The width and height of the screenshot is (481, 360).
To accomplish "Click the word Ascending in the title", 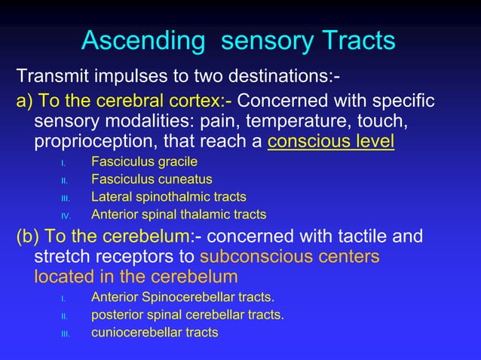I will click(x=144, y=41).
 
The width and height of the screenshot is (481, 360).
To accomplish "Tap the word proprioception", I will click(x=87, y=141).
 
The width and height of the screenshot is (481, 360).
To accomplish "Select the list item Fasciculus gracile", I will click(x=145, y=161).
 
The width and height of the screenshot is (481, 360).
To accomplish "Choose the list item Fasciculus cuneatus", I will click(x=152, y=179).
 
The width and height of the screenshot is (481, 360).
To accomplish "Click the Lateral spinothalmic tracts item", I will click(x=168, y=197).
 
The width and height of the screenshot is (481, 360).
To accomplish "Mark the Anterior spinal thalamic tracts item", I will click(x=179, y=215).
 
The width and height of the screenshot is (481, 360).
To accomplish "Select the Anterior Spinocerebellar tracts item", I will click(x=182, y=297).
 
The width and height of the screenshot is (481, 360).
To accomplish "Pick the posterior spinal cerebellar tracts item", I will click(x=187, y=314).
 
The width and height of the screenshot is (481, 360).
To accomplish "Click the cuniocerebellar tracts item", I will click(x=155, y=332).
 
